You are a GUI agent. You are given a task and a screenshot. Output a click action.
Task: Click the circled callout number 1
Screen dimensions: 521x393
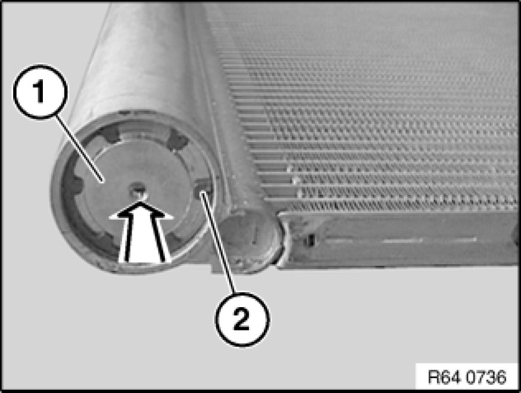[40, 92]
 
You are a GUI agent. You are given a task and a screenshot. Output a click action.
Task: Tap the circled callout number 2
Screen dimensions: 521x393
[242, 319]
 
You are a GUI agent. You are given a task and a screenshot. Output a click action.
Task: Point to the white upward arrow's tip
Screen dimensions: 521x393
[141, 202]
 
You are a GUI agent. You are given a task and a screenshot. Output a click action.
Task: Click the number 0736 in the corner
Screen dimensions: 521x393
[487, 377]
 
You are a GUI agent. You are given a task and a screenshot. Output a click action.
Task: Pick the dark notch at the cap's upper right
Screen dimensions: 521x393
[176, 140]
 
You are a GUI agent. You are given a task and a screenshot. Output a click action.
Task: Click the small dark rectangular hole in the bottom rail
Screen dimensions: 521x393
[310, 240]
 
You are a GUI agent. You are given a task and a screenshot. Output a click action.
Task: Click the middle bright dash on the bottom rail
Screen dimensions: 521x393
[403, 240]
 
